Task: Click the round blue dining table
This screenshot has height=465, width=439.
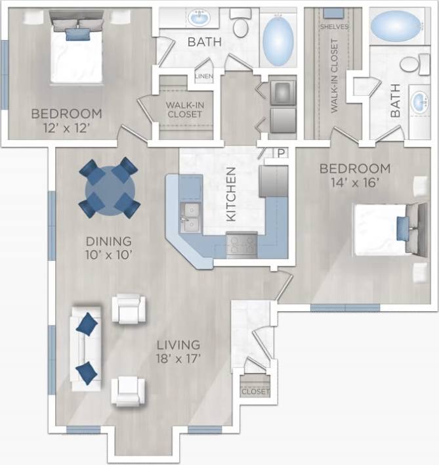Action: [x=110, y=188]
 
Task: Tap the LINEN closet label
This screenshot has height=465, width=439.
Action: [x=202, y=77]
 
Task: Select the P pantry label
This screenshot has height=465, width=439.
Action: [x=281, y=153]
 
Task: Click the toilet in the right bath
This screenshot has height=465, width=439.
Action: [x=412, y=64]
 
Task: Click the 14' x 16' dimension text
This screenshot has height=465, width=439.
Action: [x=354, y=183]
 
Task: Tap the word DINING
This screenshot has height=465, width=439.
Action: [x=109, y=241]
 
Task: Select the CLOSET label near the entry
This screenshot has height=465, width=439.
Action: [x=255, y=391]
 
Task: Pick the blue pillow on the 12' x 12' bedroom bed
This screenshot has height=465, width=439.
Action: [x=76, y=34]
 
